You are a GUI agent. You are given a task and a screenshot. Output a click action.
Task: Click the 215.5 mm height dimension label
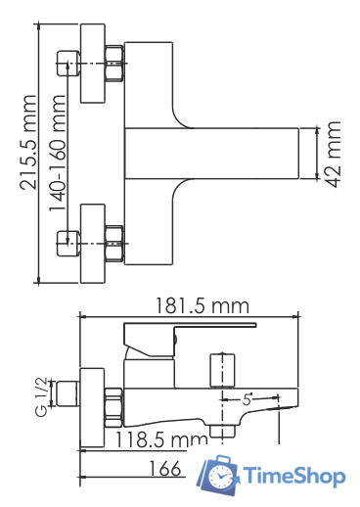(27, 143)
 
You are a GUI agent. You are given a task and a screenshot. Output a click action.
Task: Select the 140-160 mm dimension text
(57, 153)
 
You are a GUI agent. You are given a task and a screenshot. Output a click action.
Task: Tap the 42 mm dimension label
(334, 155)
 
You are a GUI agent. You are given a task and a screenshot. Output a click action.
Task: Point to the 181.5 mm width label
(202, 306)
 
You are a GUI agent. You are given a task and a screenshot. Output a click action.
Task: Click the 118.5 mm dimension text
(161, 439)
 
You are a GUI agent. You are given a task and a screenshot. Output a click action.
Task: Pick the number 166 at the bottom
(164, 469)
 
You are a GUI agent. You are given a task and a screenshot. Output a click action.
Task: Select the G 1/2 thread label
(41, 397)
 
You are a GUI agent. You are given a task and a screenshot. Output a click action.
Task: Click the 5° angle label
(247, 399)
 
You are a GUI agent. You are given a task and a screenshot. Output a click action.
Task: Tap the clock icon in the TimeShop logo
(219, 477)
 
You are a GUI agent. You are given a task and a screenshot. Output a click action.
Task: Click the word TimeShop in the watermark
(294, 477)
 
